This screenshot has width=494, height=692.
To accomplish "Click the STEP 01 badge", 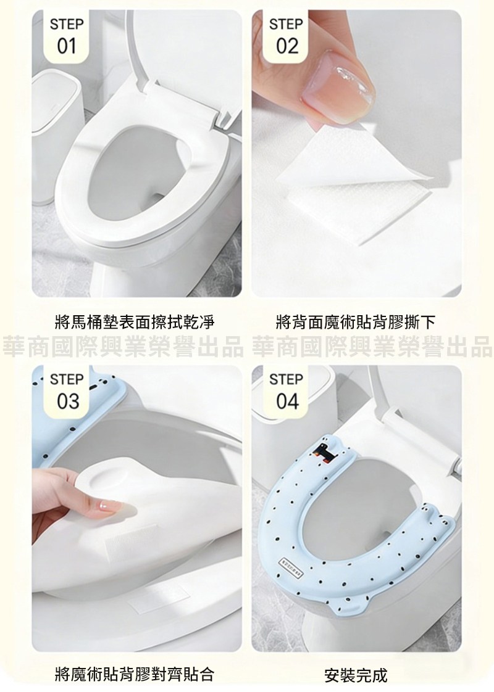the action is [66, 37].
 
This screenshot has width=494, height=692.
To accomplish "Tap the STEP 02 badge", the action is [285, 37].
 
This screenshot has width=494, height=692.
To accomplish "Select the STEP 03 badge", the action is [66, 392].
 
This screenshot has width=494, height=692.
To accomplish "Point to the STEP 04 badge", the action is [285, 392].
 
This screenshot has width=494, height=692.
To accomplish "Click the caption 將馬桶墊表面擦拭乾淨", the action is [135, 322].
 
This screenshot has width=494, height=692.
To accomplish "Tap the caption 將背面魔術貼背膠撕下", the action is [355, 322].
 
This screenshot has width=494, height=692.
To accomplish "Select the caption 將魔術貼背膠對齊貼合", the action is [135, 674].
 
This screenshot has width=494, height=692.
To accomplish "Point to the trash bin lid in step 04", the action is [291, 389].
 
